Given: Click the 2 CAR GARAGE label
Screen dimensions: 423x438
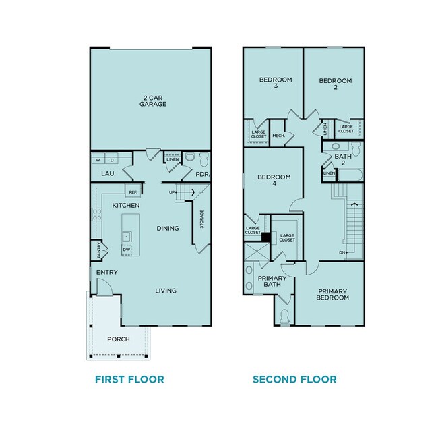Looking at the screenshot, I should (153, 101).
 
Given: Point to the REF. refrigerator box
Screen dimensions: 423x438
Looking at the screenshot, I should (132, 193).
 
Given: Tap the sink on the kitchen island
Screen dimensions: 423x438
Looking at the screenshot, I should (126, 236).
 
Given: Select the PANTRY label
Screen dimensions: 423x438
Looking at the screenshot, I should (99, 251).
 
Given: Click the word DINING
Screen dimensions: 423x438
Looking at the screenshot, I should (168, 228).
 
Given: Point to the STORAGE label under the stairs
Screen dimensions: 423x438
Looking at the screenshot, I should (201, 220).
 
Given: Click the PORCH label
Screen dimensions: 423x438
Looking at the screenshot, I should (119, 339).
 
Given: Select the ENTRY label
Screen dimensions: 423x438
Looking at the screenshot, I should (106, 272).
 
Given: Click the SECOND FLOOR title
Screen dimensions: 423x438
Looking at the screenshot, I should (294, 379).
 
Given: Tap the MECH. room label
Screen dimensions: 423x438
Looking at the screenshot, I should (278, 136).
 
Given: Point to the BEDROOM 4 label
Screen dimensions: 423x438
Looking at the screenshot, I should (274, 181).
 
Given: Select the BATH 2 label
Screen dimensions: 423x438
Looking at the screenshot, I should (343, 160).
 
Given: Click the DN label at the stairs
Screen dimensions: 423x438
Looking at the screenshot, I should (342, 252).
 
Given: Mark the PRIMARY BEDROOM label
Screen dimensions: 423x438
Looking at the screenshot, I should (333, 294).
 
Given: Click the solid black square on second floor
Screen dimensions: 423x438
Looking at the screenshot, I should (265, 237).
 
